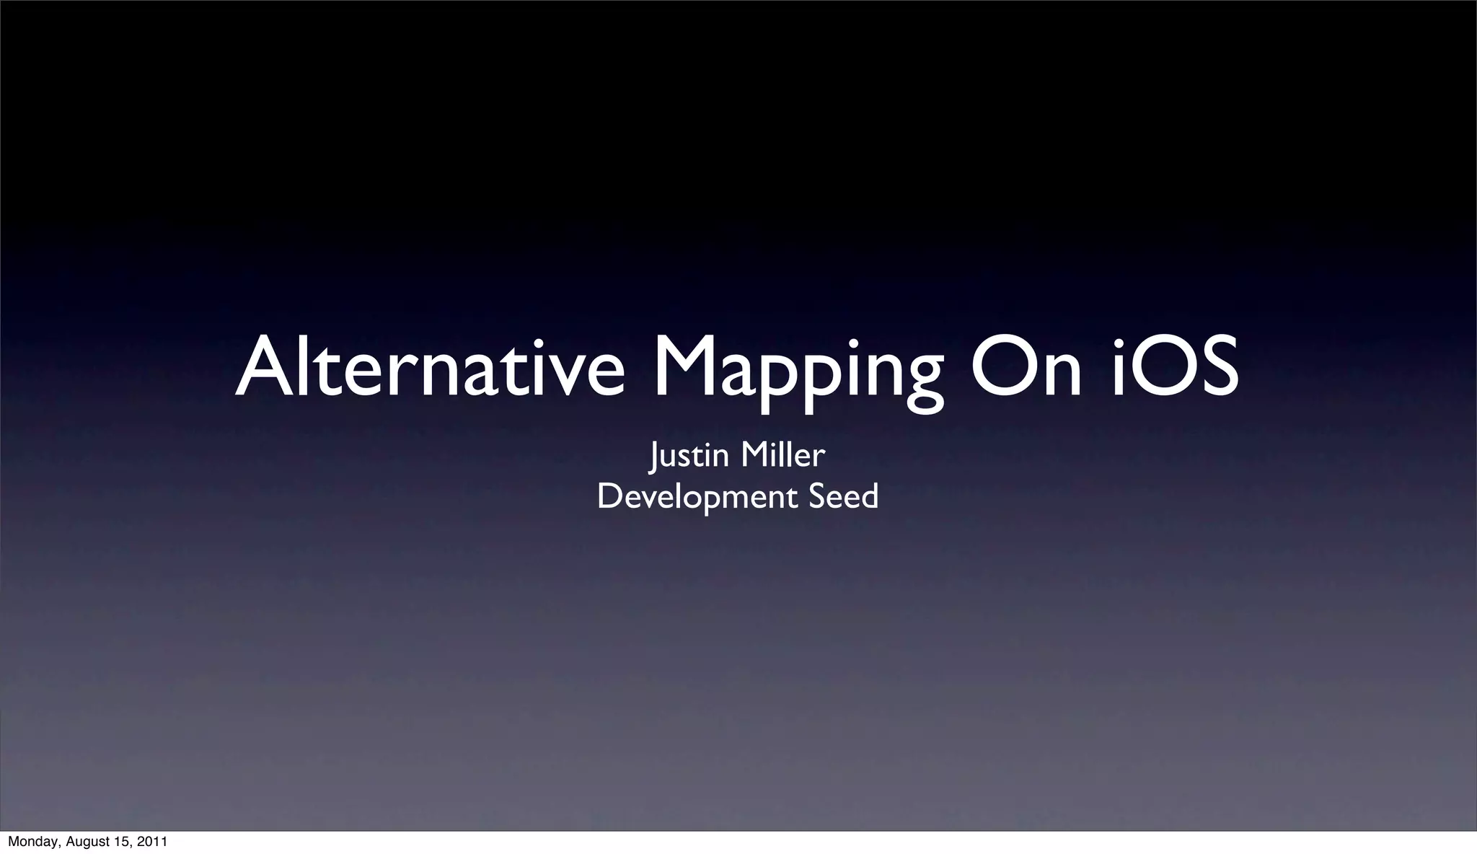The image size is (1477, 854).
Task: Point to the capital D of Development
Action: (609, 496)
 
